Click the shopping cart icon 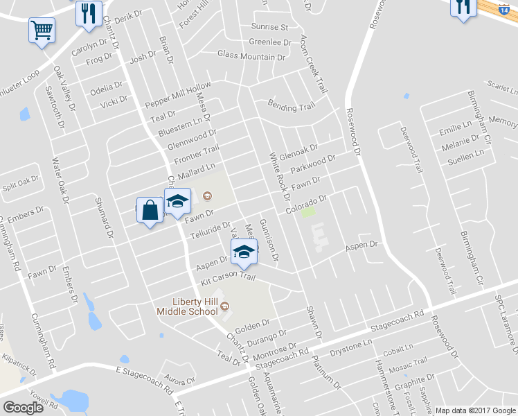click(x=42, y=31)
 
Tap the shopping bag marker click(x=150, y=209)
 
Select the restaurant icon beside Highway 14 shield click(x=463, y=8)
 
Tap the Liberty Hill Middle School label click(x=196, y=306)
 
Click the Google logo click(x=23, y=408)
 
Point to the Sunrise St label click(x=269, y=27)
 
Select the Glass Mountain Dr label click(x=251, y=55)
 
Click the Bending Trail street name click(x=292, y=106)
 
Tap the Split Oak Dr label click(x=20, y=184)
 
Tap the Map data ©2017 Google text click(x=475, y=410)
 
